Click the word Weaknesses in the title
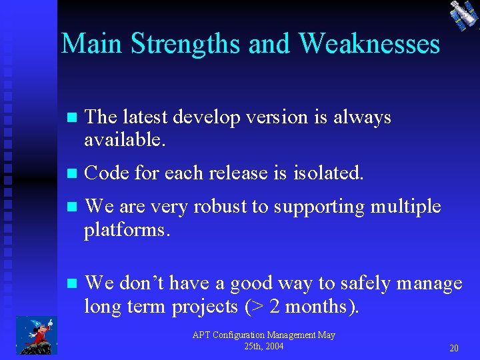click(x=369, y=43)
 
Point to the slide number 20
click(x=453, y=348)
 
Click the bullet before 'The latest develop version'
click(x=73, y=118)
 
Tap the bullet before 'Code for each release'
click(x=73, y=174)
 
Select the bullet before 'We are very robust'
click(x=73, y=207)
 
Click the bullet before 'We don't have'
click(x=73, y=284)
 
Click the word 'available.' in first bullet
click(x=125, y=140)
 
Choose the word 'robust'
click(x=220, y=207)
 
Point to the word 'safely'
click(x=366, y=283)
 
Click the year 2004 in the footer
click(x=273, y=346)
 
